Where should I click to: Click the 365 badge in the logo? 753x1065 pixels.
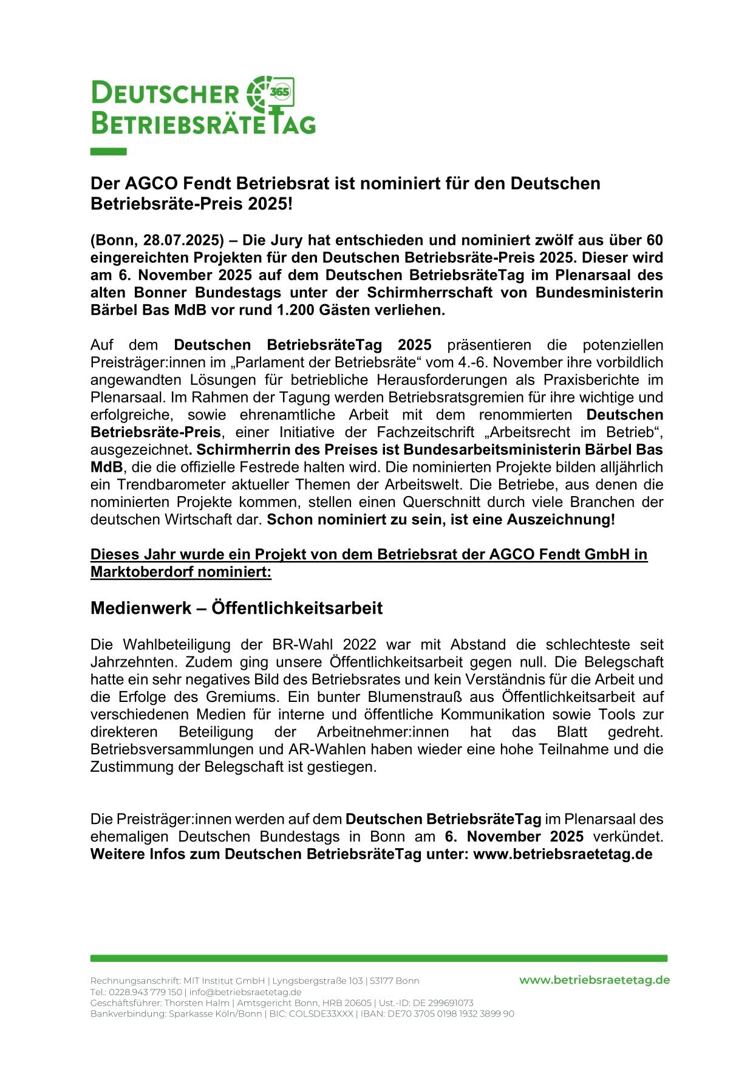click(x=282, y=92)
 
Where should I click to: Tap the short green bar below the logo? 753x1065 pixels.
click(x=108, y=152)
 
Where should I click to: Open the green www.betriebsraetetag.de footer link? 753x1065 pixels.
click(x=594, y=980)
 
